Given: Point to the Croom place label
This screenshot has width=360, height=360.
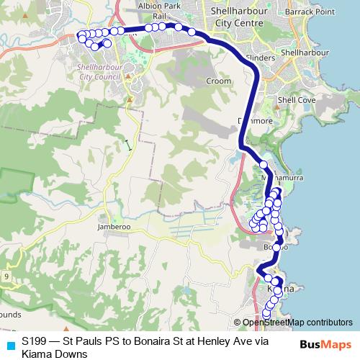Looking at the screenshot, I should coord(218,81).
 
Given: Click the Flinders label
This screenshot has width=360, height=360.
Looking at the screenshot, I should coord(261,56).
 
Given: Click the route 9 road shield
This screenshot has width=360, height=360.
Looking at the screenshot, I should coord(6,276).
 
